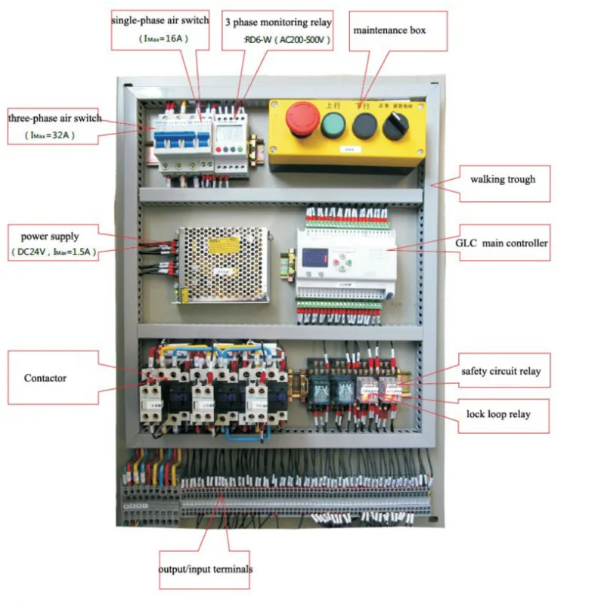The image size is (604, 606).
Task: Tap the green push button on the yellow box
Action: pyautogui.click(x=333, y=124)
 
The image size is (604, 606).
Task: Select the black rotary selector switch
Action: pyautogui.click(x=395, y=125)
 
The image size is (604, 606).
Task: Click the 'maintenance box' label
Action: pyautogui.click(x=390, y=31)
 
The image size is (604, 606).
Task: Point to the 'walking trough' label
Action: pyautogui.click(x=503, y=180)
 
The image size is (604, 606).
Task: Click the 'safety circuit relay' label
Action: pyautogui.click(x=501, y=372)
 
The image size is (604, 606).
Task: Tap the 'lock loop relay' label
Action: pyautogui.click(x=498, y=414)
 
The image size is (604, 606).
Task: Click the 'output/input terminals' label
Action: pyautogui.click(x=206, y=569)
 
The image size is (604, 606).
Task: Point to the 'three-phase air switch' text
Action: pyautogui.click(x=54, y=119)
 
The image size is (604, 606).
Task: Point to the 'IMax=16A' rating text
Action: pyautogui.click(x=160, y=38)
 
